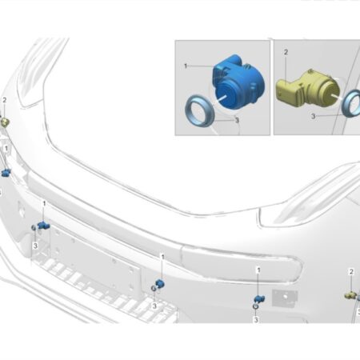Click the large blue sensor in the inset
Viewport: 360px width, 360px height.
pyautogui.click(x=238, y=82)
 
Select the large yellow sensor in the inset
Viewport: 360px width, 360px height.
pyautogui.click(x=306, y=88)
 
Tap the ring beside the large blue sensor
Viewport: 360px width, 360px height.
pyautogui.click(x=199, y=110)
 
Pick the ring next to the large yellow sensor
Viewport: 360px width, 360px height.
pyautogui.click(x=351, y=103)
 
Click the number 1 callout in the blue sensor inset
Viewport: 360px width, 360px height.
pyautogui.click(x=186, y=66)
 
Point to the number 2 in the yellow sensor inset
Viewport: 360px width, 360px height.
pyautogui.click(x=286, y=52)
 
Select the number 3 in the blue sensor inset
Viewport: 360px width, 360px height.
pyautogui.click(x=237, y=120)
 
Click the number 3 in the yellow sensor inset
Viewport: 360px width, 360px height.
pyautogui.click(x=313, y=116)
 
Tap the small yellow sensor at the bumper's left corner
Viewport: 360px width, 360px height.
pyautogui.click(x=5, y=122)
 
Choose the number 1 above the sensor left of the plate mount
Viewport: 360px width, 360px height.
pyautogui.click(x=44, y=204)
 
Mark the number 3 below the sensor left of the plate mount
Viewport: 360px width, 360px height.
pyautogui.click(x=35, y=246)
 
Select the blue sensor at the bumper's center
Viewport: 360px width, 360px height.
pyautogui.click(x=160, y=284)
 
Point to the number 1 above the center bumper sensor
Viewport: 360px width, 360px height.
pyautogui.click(x=162, y=257)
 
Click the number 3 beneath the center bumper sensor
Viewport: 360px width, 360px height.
pyautogui.click(x=154, y=306)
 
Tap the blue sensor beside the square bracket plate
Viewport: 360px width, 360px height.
pyautogui.click(x=260, y=299)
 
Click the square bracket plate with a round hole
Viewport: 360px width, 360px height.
pyautogui.click(x=285, y=297)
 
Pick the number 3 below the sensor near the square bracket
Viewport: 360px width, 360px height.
pyautogui.click(x=256, y=319)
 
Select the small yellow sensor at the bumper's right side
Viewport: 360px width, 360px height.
pyautogui.click(x=350, y=295)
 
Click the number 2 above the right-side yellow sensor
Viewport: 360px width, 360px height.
pyautogui.click(x=351, y=272)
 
